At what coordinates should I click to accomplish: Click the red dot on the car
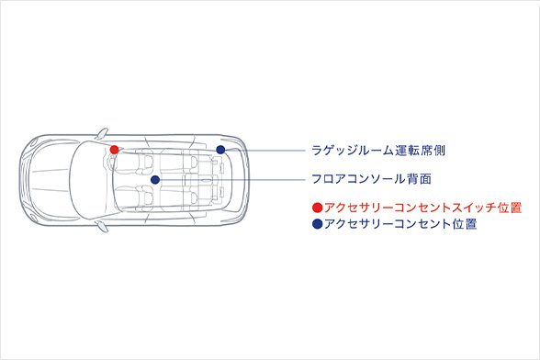(x=114, y=149)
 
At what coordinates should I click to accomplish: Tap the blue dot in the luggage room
(x=220, y=149)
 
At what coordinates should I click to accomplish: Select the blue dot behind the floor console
(x=155, y=179)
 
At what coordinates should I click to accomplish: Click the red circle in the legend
(x=318, y=208)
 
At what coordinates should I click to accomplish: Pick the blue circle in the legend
(x=318, y=224)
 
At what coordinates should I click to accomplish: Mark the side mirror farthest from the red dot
(x=102, y=226)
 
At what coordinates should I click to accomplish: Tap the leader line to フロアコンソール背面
(x=230, y=180)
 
